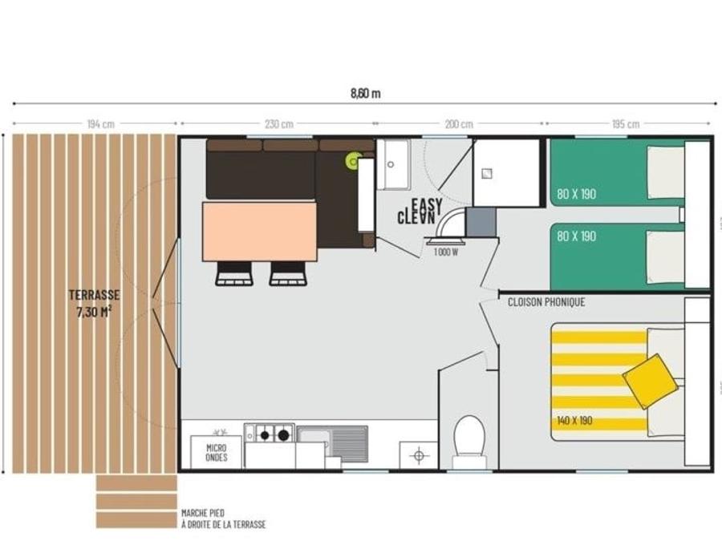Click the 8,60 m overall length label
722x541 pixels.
tap(366, 94)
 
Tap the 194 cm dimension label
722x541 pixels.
tap(101, 123)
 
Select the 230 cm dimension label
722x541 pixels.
tap(279, 123)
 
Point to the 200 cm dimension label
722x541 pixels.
tap(459, 123)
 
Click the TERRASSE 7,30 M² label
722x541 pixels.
tap(95, 303)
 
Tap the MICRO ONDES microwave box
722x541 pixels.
tap(216, 452)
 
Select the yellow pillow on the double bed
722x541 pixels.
tap(650, 381)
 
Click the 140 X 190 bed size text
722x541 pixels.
tap(574, 421)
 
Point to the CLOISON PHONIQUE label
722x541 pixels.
tap(546, 302)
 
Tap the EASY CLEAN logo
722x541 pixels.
tap(420, 212)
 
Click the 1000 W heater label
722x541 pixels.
tap(446, 252)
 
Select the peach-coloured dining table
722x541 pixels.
tap(260, 232)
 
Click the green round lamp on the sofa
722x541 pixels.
tap(354, 161)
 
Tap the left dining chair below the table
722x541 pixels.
tap(234, 274)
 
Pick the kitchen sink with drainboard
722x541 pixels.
tap(332, 443)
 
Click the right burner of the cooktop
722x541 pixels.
tap(284, 434)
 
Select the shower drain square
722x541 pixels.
tap(487, 173)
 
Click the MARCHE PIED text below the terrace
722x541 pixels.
tap(203, 513)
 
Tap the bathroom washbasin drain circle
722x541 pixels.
tap(391, 164)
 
